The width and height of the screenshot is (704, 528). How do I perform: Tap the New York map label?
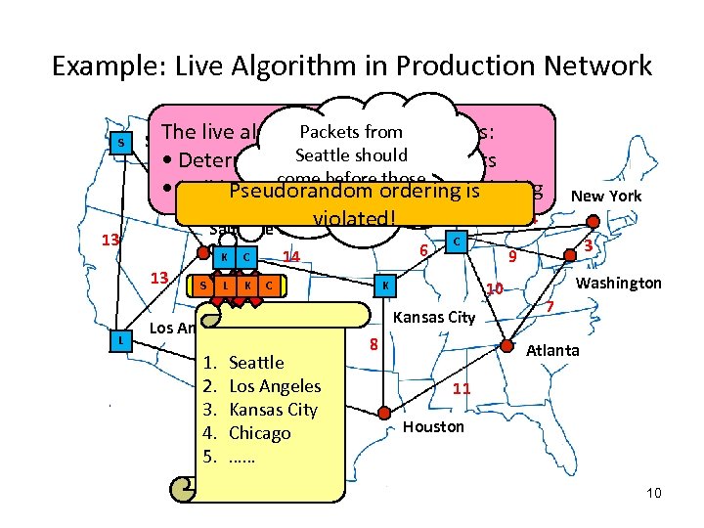(x=606, y=197)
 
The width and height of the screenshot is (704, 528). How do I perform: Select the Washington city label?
(x=620, y=284)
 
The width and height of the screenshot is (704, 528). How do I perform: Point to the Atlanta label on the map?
(x=552, y=350)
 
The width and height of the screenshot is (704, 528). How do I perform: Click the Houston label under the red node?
(x=433, y=426)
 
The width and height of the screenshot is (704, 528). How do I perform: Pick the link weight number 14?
(x=289, y=257)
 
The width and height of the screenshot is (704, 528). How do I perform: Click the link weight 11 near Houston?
(x=462, y=388)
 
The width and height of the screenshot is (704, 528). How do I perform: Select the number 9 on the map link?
(x=510, y=259)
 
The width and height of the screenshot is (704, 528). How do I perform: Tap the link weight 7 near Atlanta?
(x=550, y=308)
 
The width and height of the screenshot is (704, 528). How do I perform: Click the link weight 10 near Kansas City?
(x=495, y=289)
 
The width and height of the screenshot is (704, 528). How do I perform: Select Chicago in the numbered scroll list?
(x=259, y=433)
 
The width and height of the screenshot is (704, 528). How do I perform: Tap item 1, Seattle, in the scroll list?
(x=255, y=363)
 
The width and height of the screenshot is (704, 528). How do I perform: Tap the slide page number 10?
(x=653, y=493)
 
